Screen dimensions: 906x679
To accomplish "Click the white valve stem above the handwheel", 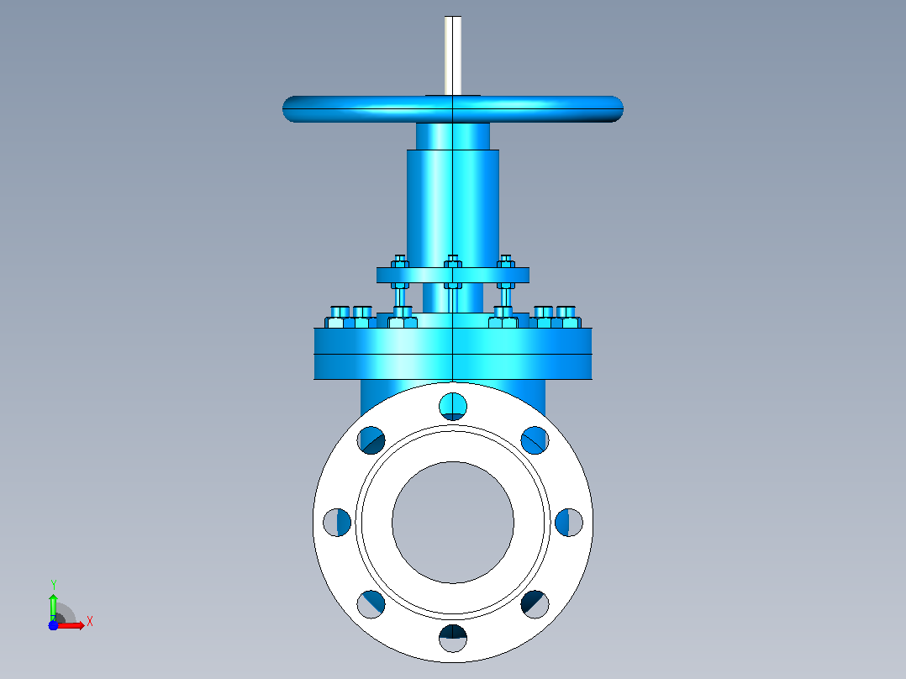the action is (453, 55).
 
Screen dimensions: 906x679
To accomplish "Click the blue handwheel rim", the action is (453, 109).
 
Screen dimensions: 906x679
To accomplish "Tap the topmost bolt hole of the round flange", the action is (453, 406).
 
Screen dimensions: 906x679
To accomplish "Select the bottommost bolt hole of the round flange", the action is (453, 639).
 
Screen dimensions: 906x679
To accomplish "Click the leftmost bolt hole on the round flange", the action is (337, 523).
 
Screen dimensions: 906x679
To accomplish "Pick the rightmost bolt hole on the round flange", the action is (569, 523).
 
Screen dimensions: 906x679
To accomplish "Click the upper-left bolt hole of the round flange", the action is (371, 440).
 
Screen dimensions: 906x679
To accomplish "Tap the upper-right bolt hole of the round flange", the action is (535, 440).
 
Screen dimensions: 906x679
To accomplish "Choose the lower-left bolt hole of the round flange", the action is (371, 604).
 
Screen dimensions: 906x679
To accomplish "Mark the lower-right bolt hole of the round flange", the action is (535, 604).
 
